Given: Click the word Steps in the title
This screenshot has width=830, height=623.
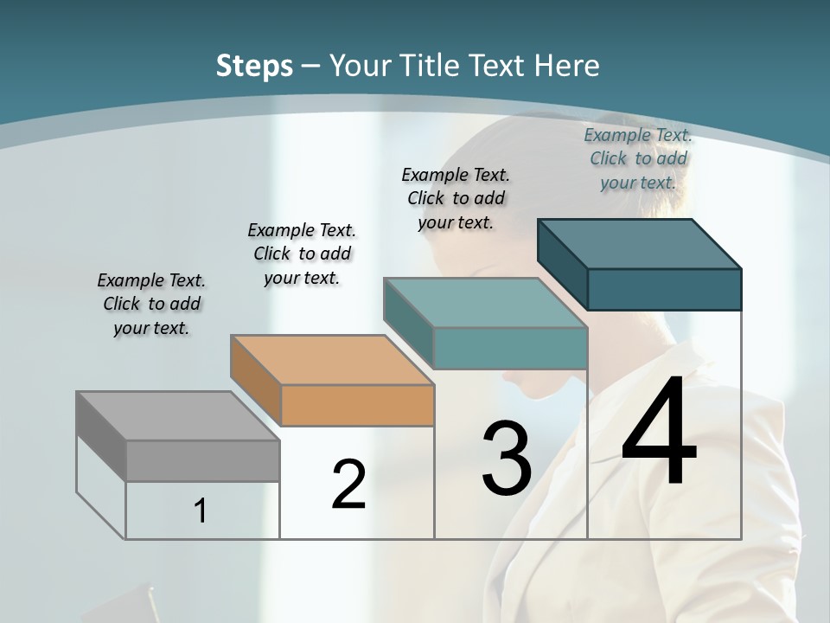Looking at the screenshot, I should tap(254, 66).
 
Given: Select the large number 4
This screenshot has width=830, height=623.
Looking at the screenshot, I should tap(659, 433).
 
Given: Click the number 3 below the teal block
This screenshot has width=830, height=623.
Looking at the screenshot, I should tap(507, 459).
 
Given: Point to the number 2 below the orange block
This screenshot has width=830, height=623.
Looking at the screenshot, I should tap(348, 485).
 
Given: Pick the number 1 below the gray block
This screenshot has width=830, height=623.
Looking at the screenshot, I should tap(201, 511).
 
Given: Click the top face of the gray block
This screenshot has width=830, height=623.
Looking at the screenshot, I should tap(177, 416).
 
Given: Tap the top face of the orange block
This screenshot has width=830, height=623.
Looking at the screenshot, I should tap(331, 360).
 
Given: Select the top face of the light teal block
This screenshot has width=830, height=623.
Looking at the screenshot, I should tap(485, 303).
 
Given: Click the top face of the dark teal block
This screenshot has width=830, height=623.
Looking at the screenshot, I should tap(639, 244).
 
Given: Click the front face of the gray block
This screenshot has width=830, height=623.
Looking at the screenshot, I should tap(202, 461).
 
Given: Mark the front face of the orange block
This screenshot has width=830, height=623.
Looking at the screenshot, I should tap(357, 405).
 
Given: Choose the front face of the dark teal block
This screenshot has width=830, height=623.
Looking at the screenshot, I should tap(664, 289).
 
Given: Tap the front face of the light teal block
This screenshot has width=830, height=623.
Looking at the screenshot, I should tap(510, 348).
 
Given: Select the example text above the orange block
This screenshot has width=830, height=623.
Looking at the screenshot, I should tap(302, 254).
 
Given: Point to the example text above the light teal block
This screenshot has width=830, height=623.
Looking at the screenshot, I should tap(456, 198).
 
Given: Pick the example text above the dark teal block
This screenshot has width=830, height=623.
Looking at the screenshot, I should tap(638, 158).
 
